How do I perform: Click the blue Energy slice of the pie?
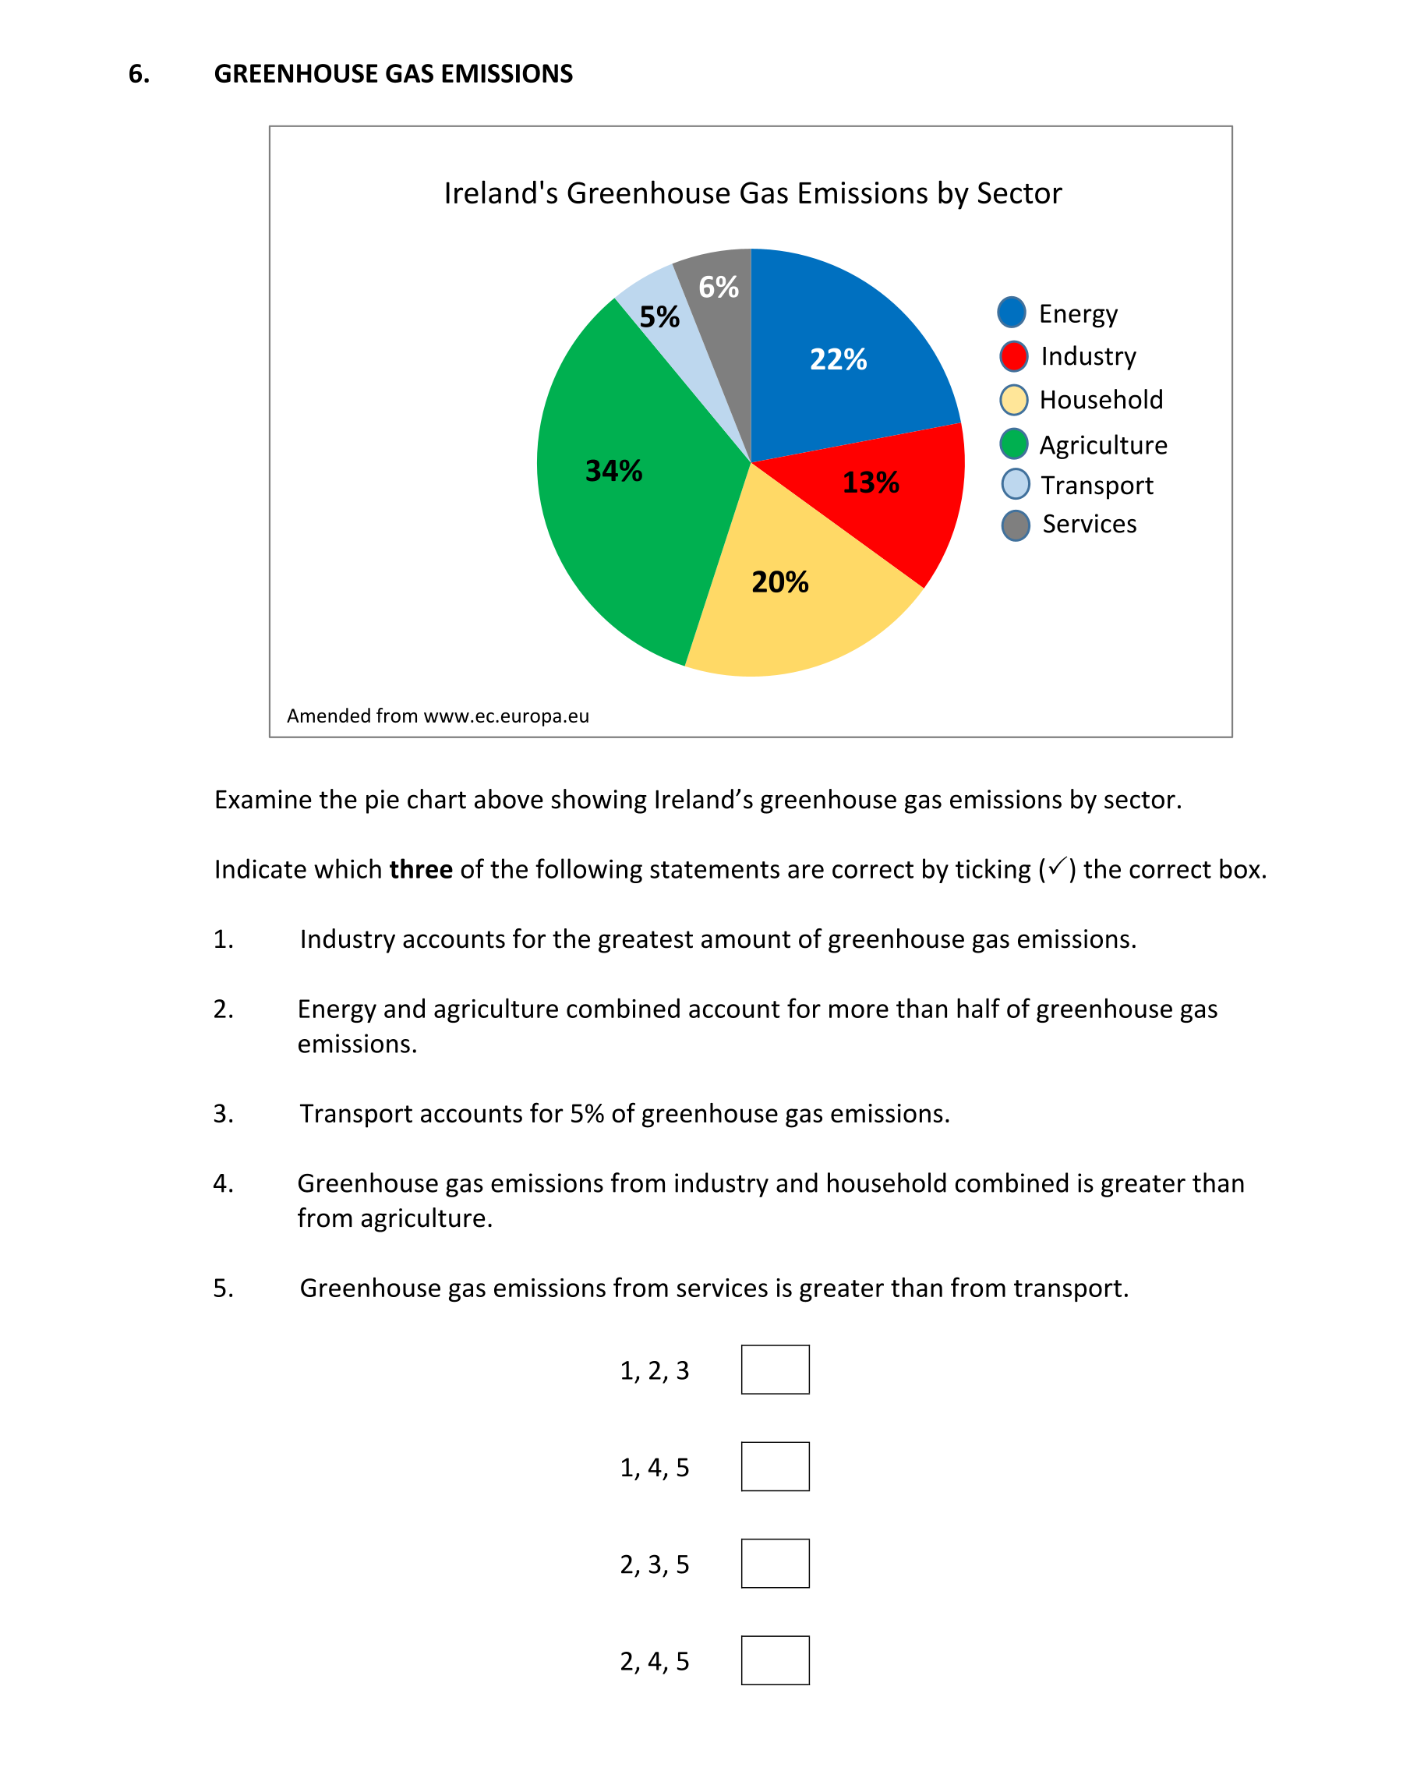click(x=846, y=362)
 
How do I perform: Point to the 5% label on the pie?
click(x=659, y=317)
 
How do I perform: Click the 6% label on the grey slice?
click(x=718, y=288)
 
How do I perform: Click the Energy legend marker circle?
click(x=1011, y=312)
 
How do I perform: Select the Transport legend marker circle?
click(x=1016, y=484)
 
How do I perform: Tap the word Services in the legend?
click(x=1089, y=524)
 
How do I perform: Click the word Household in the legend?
click(x=1101, y=400)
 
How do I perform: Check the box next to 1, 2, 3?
click(x=775, y=1370)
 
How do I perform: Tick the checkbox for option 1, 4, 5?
click(x=775, y=1466)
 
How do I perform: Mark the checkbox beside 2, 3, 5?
click(x=775, y=1563)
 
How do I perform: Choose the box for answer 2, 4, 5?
click(x=775, y=1660)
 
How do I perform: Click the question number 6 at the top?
click(x=139, y=74)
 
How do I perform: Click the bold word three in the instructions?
click(x=421, y=869)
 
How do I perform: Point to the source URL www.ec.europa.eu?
click(x=506, y=716)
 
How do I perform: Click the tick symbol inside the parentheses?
click(x=1057, y=866)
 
